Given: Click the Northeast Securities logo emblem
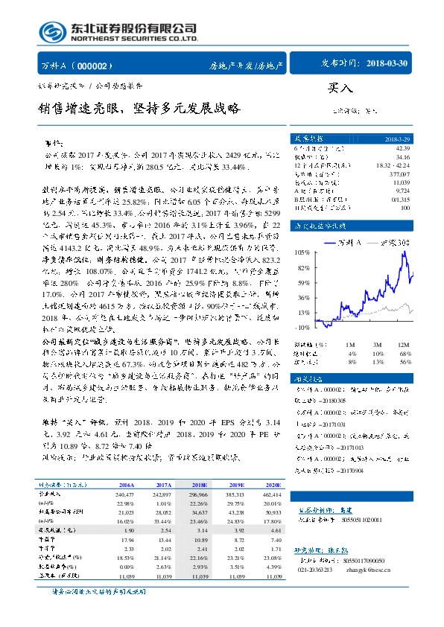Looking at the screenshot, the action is [x=51, y=31].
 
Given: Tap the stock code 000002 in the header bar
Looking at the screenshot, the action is [x=96, y=65].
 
